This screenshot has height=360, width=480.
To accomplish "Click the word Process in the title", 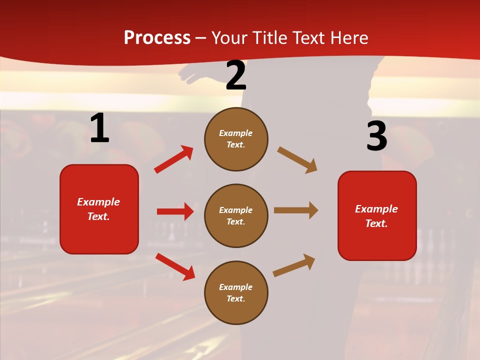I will tap(157, 38).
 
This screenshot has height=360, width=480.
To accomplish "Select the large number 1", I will tap(99, 128).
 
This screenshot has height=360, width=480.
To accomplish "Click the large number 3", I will tap(376, 136).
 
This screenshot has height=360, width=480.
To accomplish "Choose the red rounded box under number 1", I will tap(99, 209).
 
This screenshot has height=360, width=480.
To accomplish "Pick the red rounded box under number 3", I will tap(377, 215).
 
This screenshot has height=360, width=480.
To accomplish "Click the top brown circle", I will tap(236, 139).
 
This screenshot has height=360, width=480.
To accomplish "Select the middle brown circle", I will tap(236, 215).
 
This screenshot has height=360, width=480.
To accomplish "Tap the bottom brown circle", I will tap(236, 292).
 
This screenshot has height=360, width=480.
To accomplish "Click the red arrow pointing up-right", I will tap(174, 159).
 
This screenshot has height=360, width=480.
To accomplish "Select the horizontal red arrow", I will tap(175, 211).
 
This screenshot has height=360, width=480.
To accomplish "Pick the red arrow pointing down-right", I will tap(175, 266).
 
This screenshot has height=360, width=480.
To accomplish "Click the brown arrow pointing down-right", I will tap(297, 160).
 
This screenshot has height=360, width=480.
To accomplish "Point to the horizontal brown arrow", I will tap(296, 210).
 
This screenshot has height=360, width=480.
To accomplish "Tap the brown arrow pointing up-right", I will tap(294, 265).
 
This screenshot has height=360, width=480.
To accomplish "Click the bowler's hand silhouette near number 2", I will tap(192, 75).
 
